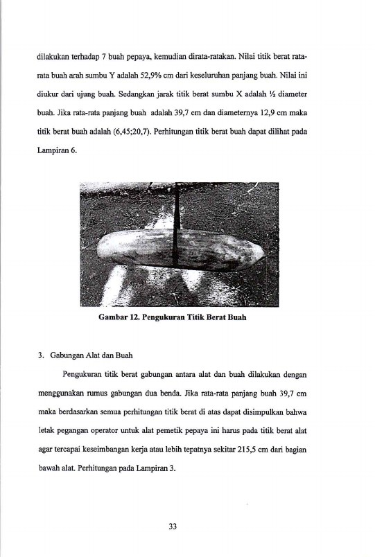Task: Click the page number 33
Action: (173, 526)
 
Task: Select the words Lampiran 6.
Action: (57, 150)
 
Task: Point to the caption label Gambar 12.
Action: (119, 317)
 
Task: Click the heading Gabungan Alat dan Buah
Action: (91, 355)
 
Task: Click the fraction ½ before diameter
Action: (272, 94)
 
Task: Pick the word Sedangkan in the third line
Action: (134, 94)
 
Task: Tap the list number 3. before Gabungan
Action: (41, 355)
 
